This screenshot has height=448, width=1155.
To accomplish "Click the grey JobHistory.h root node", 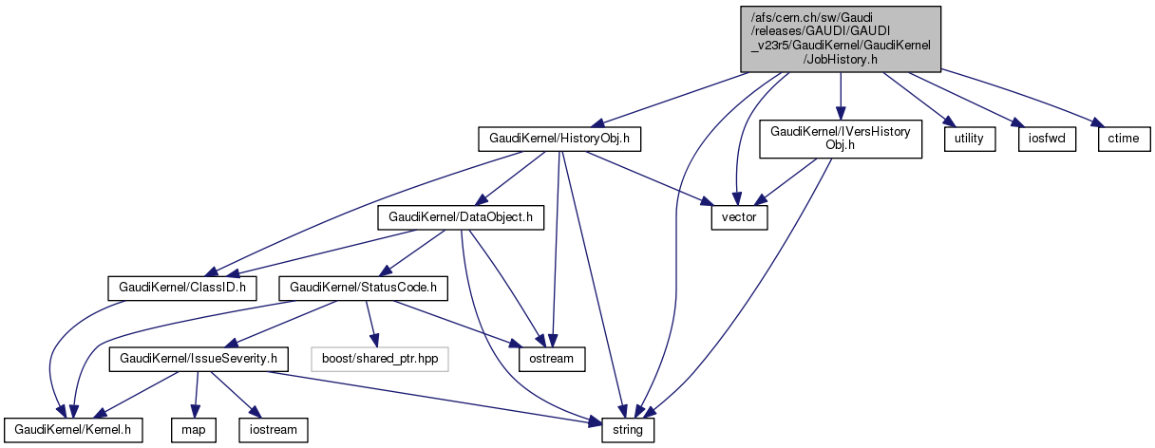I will tap(841, 38).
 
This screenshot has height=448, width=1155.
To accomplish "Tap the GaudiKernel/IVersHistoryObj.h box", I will tap(841, 139).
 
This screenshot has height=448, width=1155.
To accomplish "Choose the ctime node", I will tap(1125, 139).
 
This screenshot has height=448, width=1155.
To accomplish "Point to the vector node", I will tap(740, 217).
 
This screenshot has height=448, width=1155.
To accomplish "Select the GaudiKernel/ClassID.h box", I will tap(180, 286).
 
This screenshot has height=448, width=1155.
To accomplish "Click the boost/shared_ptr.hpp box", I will tap(379, 359).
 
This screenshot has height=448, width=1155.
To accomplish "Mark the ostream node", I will tap(552, 359).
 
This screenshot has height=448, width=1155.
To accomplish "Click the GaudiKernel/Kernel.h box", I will tap(72, 430).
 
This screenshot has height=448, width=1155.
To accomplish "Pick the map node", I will tap(194, 430).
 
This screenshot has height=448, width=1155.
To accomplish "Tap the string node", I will tap(628, 430).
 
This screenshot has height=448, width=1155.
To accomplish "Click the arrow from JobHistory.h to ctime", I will tap(1026, 95).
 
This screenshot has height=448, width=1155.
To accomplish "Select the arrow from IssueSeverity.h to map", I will tap(197, 395).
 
